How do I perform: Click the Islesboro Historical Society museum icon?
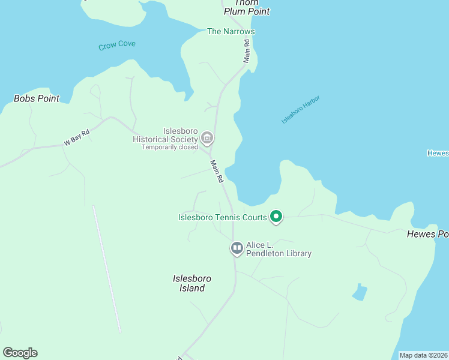point(207,139)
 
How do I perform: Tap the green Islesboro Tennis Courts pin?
point(276,217)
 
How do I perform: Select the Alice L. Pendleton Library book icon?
point(237,248)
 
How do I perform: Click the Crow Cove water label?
point(117,45)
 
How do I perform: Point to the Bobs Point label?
point(37,98)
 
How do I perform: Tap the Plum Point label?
point(247,11)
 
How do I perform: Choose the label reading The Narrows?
point(231,31)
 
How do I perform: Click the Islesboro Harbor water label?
point(301,110)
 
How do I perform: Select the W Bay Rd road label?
point(76,138)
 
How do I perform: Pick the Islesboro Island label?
point(192,283)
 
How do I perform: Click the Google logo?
point(20,353)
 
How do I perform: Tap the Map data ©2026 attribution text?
point(423,355)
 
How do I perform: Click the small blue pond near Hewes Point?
point(360,292)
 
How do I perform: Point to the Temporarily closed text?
point(170,147)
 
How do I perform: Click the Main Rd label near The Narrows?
point(246,51)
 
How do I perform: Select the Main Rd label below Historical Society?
point(217,171)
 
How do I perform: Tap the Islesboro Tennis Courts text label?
point(222,217)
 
